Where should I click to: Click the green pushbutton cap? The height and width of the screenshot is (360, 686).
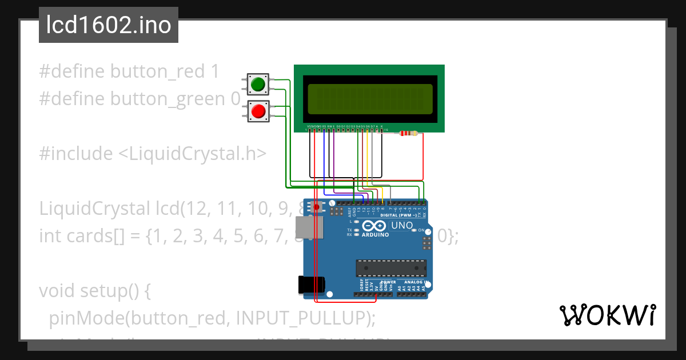(258, 85)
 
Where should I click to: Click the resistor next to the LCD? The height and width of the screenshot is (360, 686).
(408, 134)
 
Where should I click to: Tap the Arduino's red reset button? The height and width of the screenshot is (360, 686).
(316, 206)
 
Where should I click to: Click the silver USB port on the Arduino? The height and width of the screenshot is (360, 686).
(309, 228)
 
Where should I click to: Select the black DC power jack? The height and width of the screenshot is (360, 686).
(312, 284)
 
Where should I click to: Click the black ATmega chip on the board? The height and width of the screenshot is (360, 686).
(391, 267)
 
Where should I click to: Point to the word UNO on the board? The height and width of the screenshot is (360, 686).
(402, 226)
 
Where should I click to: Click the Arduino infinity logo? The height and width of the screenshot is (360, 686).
(374, 226)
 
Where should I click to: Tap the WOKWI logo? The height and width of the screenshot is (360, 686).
(607, 315)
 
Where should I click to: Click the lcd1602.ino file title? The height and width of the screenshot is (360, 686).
(109, 25)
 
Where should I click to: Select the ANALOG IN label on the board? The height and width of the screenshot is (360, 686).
(416, 282)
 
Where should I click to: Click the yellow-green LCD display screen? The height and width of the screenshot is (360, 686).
(370, 99)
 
